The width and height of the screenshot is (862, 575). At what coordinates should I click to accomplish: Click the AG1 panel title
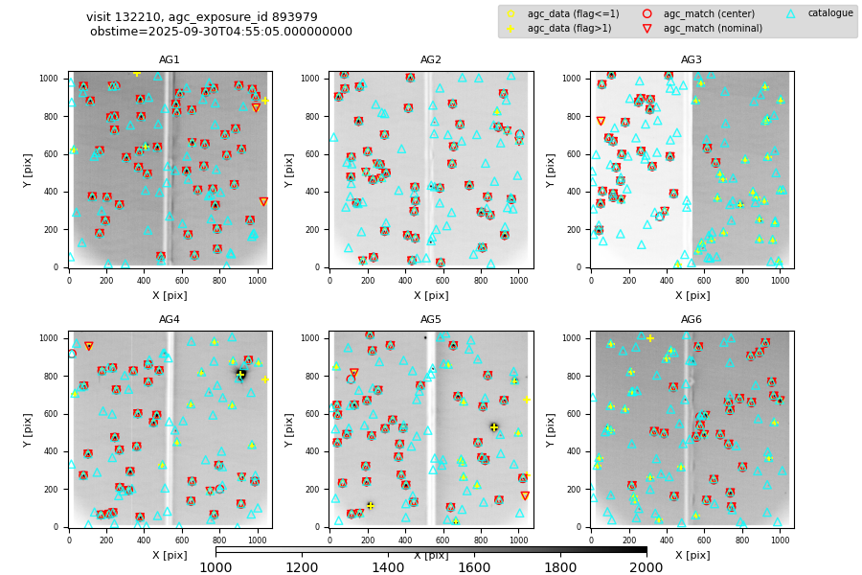tap(170, 60)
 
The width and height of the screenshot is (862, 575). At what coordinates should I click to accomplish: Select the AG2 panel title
tap(431, 60)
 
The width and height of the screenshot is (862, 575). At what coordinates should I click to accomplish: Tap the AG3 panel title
tap(692, 60)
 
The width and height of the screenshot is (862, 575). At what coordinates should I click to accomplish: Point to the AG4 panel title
tap(170, 320)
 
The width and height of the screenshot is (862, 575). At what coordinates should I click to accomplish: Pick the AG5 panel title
tap(431, 320)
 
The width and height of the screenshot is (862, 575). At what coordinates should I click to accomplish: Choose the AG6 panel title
tap(692, 320)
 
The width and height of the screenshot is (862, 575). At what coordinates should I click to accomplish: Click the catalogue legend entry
tap(829, 13)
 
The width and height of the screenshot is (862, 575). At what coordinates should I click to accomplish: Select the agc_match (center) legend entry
tap(701, 13)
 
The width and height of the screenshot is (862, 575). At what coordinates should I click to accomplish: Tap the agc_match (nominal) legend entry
tap(706, 29)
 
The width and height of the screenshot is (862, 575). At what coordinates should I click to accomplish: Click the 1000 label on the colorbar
tap(215, 567)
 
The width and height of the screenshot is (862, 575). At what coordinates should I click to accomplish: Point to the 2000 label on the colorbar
tap(646, 567)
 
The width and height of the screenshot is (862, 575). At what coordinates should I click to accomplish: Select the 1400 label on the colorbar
tap(388, 567)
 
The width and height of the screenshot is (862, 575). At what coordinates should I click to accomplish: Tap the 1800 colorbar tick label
tap(560, 567)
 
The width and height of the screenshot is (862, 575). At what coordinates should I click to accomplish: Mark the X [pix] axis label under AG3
tap(692, 295)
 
